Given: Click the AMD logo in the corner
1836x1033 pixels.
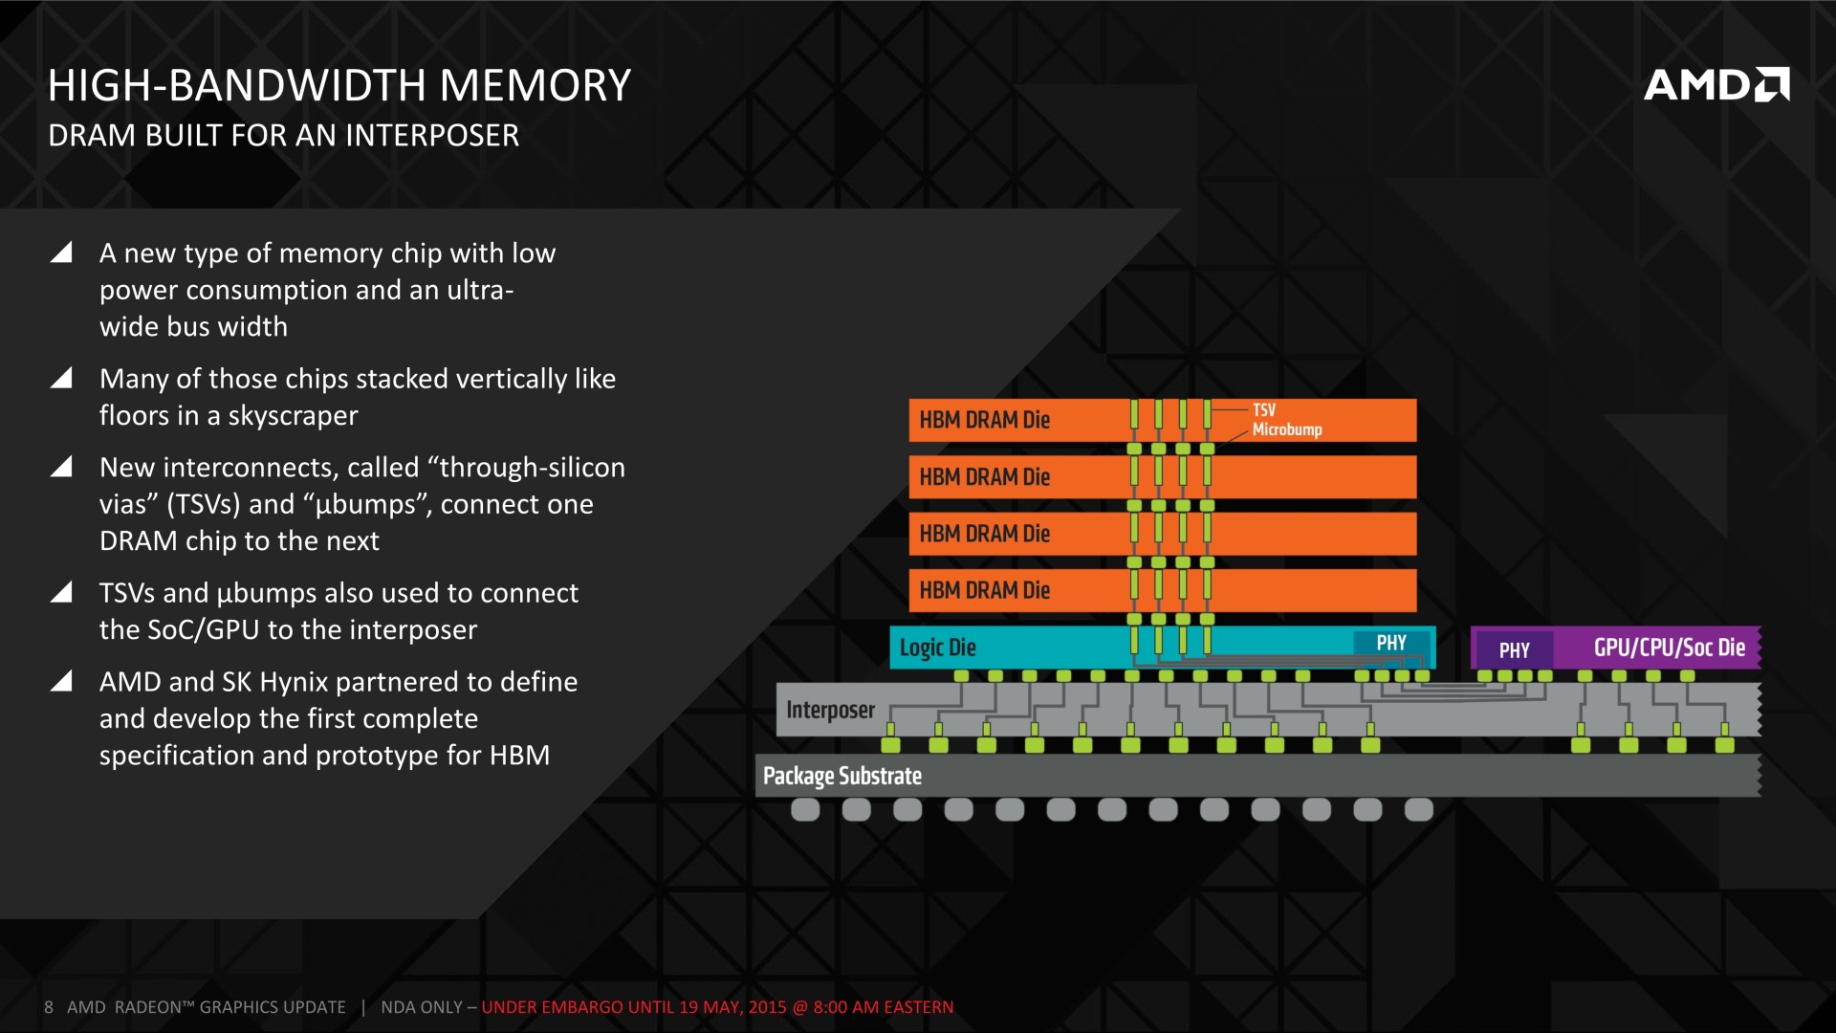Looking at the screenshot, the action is click(x=1716, y=84).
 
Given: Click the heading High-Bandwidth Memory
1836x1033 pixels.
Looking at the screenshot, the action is click(x=339, y=85).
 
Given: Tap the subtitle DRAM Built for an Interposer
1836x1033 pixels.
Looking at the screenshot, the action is click(x=284, y=136).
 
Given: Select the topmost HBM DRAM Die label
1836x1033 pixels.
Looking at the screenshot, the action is click(x=985, y=420).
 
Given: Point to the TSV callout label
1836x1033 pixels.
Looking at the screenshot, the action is click(x=1264, y=409).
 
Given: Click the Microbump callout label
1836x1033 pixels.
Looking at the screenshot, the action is click(x=1287, y=429).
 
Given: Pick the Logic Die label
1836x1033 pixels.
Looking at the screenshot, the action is click(x=938, y=648).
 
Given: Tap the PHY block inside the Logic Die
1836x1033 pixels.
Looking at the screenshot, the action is click(x=1391, y=644).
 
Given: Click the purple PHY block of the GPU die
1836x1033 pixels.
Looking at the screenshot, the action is click(x=1514, y=650).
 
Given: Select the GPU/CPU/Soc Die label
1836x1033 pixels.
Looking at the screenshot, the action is click(x=1670, y=648).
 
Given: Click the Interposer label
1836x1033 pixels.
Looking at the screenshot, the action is click(x=830, y=710).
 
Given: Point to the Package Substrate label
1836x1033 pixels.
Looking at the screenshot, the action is click(x=842, y=776).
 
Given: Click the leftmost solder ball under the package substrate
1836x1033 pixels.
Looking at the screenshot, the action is click(x=805, y=810).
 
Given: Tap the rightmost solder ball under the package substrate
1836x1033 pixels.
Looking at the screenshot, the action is click(x=1419, y=810).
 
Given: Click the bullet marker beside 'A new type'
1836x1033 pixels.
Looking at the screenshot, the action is click(x=61, y=253).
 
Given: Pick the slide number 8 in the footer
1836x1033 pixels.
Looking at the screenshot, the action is click(x=49, y=1007).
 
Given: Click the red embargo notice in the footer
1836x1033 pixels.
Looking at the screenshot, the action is click(x=717, y=1007).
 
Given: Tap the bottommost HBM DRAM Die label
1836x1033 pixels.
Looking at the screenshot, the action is click(x=985, y=590).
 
